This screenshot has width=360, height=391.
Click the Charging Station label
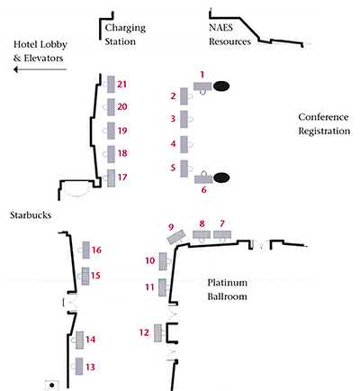[x=125, y=34]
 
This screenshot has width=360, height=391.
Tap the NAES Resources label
[x=229, y=34]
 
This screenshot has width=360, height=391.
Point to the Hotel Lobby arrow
[x=40, y=69]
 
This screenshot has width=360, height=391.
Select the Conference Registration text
[x=324, y=123]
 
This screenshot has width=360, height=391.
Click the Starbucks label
[x=31, y=215]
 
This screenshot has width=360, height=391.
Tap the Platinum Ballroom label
[x=227, y=289]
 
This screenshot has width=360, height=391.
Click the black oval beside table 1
[x=221, y=86]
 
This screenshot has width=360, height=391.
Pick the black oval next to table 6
[x=221, y=177]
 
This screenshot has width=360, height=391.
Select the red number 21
[x=121, y=84]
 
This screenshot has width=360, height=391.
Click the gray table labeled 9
[x=175, y=237]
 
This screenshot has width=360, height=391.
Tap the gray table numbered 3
[x=184, y=119]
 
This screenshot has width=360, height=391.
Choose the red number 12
[x=144, y=332]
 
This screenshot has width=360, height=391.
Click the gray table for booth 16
[x=86, y=250]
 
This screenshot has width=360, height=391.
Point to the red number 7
[x=222, y=223]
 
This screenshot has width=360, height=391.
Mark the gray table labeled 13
[x=79, y=366]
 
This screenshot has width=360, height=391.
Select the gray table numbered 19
[x=111, y=131]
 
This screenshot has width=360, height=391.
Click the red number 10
[x=150, y=260]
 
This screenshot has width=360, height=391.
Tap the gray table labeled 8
[x=202, y=234]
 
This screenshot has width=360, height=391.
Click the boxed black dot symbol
[x=52, y=385]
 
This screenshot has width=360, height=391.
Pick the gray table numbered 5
[x=184, y=168]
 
